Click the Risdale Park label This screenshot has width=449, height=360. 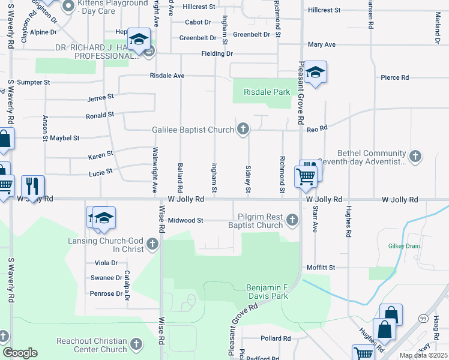[x=267, y=92]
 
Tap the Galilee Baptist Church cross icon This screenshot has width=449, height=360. [x=243, y=128]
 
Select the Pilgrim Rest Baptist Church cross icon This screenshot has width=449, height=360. [x=292, y=220]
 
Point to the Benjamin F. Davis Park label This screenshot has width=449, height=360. [x=268, y=292]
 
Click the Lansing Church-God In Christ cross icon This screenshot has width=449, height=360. [x=152, y=244]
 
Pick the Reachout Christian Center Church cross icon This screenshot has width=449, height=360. [x=136, y=344]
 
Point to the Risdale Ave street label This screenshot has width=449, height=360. [x=167, y=76]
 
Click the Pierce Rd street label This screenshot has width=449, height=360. [x=394, y=77]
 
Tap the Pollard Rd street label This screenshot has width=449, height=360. [x=276, y=338]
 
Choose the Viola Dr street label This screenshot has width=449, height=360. [x=106, y=263]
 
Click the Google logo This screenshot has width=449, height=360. [x=20, y=353]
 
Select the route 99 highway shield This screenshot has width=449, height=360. [x=423, y=317]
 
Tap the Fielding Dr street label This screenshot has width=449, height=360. [x=217, y=53]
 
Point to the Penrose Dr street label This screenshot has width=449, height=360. [x=106, y=293]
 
